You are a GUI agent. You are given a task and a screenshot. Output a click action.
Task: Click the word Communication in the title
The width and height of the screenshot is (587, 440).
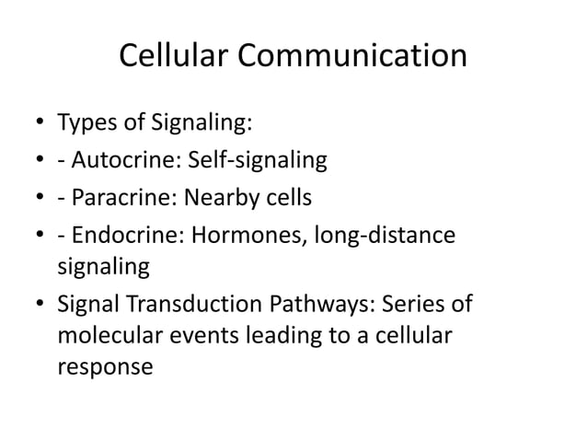(x=354, y=56)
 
